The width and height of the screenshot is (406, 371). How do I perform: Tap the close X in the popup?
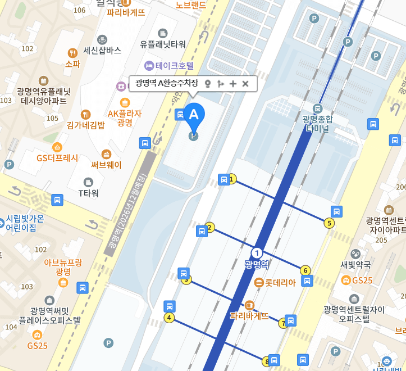(x=245, y=84)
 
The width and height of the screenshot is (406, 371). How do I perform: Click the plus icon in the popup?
(x=233, y=84)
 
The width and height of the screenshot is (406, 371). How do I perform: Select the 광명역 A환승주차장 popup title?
(x=167, y=84)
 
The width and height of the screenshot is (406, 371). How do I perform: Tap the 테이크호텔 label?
(x=174, y=65)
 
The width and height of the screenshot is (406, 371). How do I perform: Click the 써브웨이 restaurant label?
(x=106, y=165)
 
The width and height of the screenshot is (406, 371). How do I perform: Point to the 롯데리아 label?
(x=280, y=283)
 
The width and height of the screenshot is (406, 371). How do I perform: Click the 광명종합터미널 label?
(x=317, y=124)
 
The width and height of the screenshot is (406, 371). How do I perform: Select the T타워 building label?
(x=88, y=193)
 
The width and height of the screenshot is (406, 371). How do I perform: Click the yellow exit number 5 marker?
(x=330, y=223)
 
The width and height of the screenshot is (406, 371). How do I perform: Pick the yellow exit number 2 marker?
(x=210, y=227)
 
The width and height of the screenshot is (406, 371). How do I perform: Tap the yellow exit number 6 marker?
(x=305, y=270)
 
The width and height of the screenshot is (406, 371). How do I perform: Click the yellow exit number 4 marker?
(x=168, y=318)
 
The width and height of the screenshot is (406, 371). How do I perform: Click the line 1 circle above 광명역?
(x=257, y=253)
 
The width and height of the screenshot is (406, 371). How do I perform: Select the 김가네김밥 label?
(x=85, y=125)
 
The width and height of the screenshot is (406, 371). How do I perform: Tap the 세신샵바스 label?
(x=102, y=50)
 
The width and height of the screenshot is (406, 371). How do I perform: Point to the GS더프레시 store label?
(x=57, y=158)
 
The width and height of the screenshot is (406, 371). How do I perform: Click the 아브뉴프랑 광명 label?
(x=63, y=266)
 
